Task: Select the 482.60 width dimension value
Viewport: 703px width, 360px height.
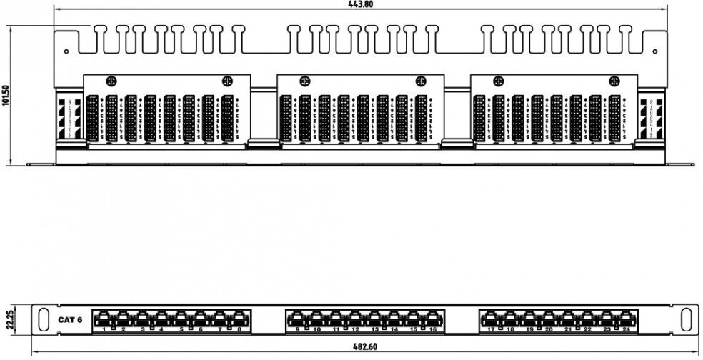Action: point(364,347)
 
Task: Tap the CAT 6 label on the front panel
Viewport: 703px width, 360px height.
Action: point(70,319)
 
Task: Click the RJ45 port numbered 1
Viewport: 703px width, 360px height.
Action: point(104,318)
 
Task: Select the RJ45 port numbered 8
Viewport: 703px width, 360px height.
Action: point(239,318)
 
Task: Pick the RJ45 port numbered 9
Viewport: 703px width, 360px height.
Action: point(297,318)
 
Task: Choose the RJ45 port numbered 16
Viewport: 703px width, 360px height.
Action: point(432,318)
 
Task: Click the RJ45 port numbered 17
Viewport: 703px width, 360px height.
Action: point(491,318)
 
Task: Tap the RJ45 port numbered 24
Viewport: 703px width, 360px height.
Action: point(626,318)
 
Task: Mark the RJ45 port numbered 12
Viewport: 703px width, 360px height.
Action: point(355,318)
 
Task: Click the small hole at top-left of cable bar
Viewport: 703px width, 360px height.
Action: point(66,51)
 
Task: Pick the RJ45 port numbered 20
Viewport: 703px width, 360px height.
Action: point(549,318)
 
